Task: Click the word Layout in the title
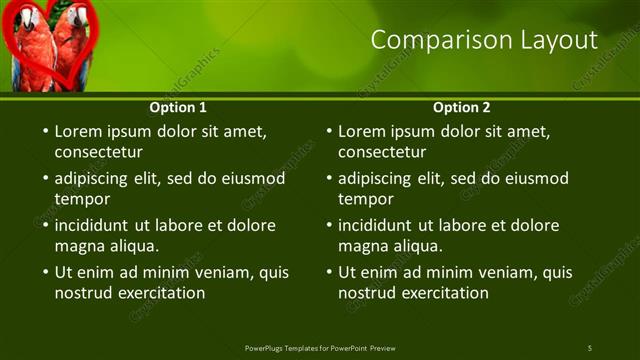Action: pyautogui.click(x=554, y=40)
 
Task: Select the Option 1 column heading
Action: pyautogui.click(x=178, y=107)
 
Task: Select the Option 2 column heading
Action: pyautogui.click(x=462, y=107)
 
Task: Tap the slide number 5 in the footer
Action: pyautogui.click(x=589, y=348)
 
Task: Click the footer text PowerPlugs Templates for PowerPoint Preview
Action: pyautogui.click(x=320, y=348)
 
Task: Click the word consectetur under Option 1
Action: pyautogui.click(x=98, y=153)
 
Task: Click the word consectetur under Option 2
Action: pyautogui.click(x=382, y=153)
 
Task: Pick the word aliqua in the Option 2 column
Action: pyautogui.click(x=417, y=246)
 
